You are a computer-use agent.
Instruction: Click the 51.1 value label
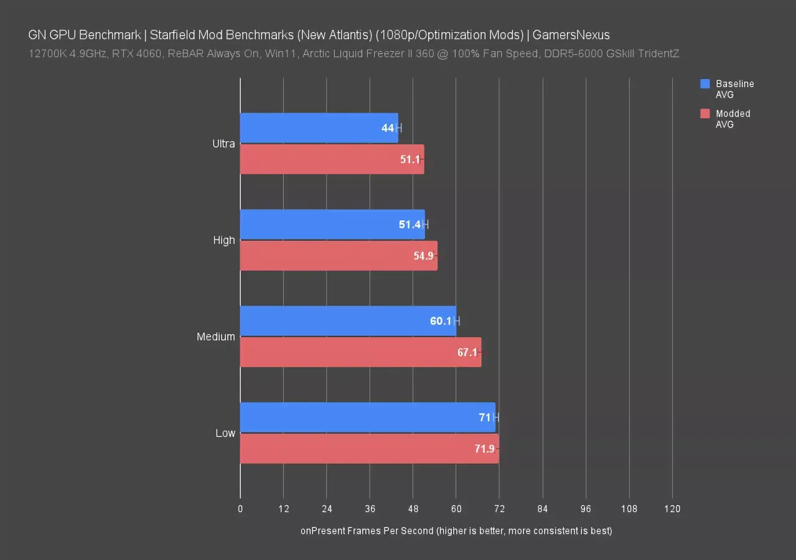(410, 159)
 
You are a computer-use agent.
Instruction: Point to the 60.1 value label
(440, 321)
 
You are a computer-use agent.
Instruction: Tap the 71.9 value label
(484, 449)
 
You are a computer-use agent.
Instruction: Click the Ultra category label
(223, 144)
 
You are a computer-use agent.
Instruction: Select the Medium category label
(216, 337)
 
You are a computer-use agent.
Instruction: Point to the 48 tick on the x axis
(413, 509)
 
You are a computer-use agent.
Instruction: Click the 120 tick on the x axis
(672, 509)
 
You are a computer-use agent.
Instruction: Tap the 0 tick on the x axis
(240, 509)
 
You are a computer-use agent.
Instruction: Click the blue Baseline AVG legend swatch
(705, 84)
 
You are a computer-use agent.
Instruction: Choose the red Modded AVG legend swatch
(705, 114)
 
